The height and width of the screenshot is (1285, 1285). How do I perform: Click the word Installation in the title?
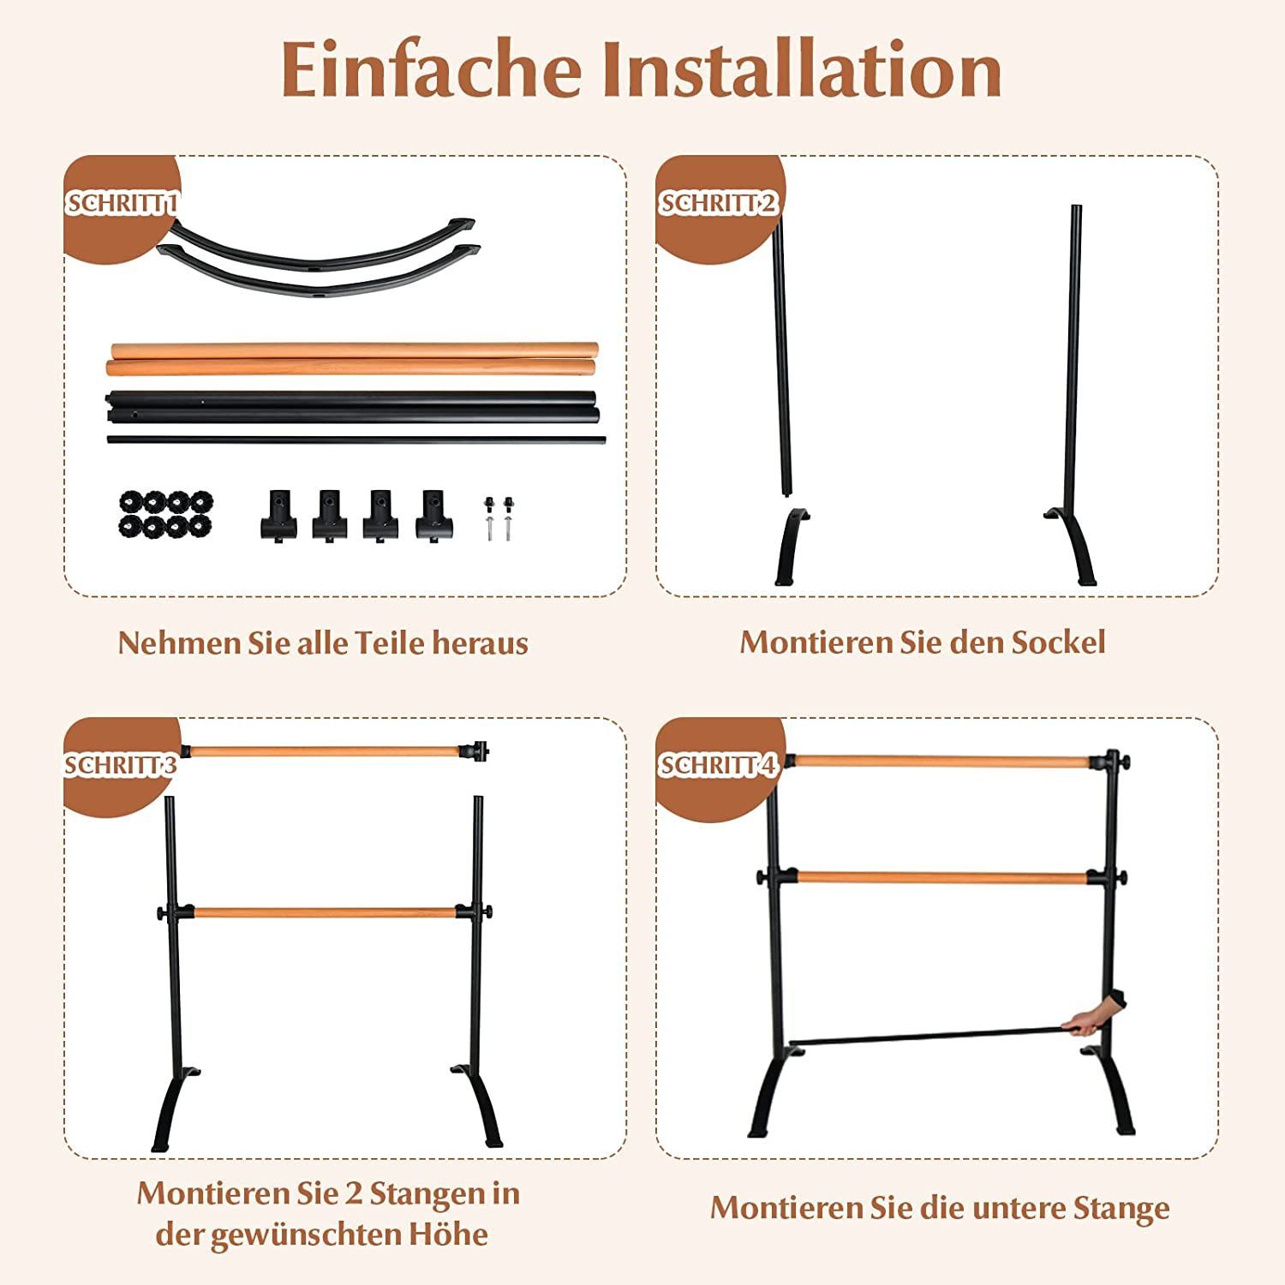coord(802,69)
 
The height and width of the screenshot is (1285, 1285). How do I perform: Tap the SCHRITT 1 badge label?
coord(122,203)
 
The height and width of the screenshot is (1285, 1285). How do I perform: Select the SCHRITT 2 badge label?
coord(718,203)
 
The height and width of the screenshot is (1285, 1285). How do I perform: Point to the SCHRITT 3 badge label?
coord(121,764)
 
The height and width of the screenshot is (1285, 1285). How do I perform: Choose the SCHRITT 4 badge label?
coord(718,764)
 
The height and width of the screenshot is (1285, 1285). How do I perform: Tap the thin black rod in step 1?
coord(356,440)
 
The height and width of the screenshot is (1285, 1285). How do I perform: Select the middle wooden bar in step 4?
coord(941,878)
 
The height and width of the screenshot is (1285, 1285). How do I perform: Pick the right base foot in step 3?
coord(477,1105)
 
